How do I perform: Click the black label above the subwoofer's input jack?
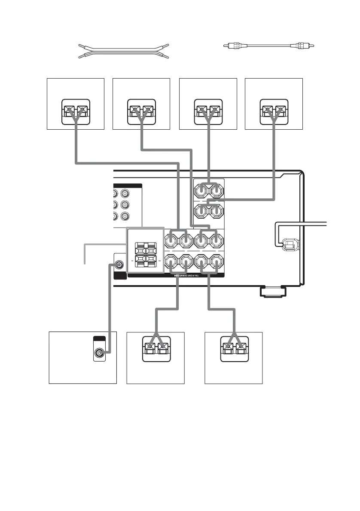pyautogui.click(x=99, y=339)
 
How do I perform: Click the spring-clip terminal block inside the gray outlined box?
pyautogui.click(x=145, y=255)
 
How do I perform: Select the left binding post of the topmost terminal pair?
pyautogui.click(x=201, y=189)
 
